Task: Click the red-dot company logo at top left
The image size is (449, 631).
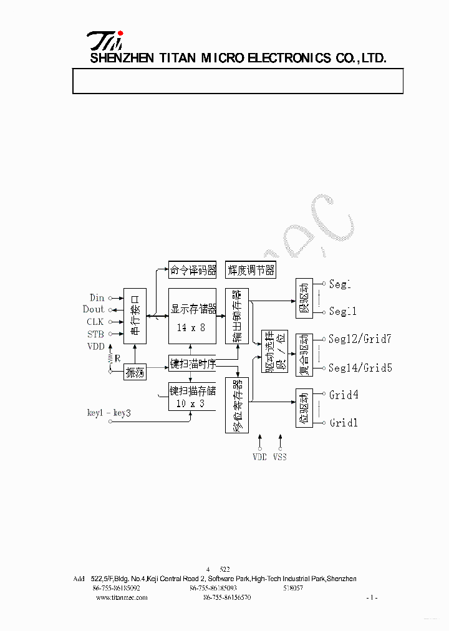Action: [x=105, y=41]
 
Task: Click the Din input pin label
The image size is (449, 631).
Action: [x=97, y=298]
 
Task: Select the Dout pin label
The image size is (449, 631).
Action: [x=94, y=309]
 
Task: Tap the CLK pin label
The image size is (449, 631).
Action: [x=95, y=322]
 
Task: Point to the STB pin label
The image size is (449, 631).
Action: [x=95, y=334]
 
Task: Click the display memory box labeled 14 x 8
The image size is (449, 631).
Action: [x=192, y=315]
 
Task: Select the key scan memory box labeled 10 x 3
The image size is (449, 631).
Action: [x=192, y=397]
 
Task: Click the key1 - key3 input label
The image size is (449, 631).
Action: [x=109, y=413]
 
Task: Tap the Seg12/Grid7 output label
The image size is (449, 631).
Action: [x=360, y=339]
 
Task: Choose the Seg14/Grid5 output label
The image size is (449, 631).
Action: [x=360, y=368]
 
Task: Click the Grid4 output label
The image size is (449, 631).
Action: [x=344, y=395]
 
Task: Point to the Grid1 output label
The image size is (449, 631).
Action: [x=344, y=423]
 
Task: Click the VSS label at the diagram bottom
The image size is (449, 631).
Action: [x=280, y=457]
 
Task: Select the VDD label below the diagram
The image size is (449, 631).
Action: [x=259, y=457]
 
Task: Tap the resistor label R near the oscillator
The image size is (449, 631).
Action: [x=117, y=359]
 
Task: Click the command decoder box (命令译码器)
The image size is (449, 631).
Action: [x=193, y=270]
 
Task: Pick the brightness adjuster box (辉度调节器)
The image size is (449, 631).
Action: [x=250, y=270]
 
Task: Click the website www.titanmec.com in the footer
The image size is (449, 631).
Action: [x=122, y=597]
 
